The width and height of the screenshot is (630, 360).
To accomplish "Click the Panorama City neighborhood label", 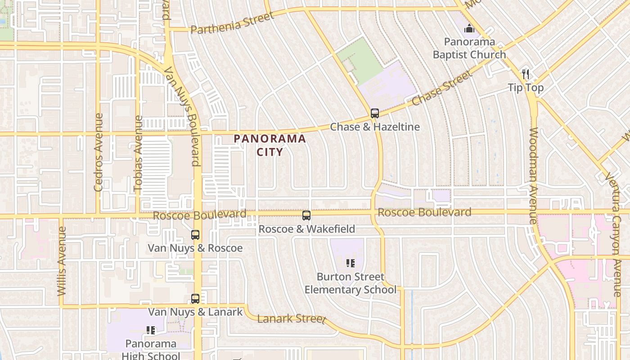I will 270,145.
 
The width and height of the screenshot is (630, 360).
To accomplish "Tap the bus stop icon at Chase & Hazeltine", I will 375,113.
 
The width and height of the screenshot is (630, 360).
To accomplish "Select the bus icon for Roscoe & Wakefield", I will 306,216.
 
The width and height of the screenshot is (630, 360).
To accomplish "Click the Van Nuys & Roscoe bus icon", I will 195,235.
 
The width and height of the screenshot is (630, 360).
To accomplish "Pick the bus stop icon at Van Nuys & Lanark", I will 195,299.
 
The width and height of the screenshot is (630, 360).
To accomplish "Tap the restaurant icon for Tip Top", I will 526,74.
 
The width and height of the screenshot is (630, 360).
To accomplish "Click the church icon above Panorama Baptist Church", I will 469,29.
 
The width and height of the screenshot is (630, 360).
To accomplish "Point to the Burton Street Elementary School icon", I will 351,263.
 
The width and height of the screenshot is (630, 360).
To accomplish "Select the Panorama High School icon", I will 151,331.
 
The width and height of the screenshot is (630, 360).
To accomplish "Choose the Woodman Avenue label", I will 533,175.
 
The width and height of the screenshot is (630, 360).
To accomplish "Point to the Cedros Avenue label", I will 99,152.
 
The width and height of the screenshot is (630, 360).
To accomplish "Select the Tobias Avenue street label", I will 138,155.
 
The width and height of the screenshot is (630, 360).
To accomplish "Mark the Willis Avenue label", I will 62,261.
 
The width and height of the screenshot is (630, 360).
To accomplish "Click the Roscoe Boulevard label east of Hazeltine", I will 424,212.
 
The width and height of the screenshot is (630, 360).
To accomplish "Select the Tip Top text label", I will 526,87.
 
